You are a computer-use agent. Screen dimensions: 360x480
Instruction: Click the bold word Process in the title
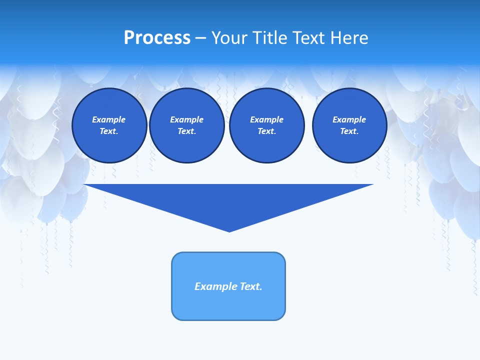[157, 38]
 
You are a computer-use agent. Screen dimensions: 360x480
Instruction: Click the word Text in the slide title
[309, 38]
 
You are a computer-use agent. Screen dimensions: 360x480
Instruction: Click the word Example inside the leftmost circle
[109, 119]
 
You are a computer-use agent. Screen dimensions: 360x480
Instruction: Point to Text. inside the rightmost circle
[349, 131]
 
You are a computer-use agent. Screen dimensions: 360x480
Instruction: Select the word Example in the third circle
[267, 119]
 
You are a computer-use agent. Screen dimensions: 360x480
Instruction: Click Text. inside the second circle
[187, 131]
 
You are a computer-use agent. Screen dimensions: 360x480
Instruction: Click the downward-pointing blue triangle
[229, 200]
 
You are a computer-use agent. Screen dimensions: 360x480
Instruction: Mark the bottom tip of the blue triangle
[229, 230]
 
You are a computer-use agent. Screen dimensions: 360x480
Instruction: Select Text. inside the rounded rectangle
[251, 286]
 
